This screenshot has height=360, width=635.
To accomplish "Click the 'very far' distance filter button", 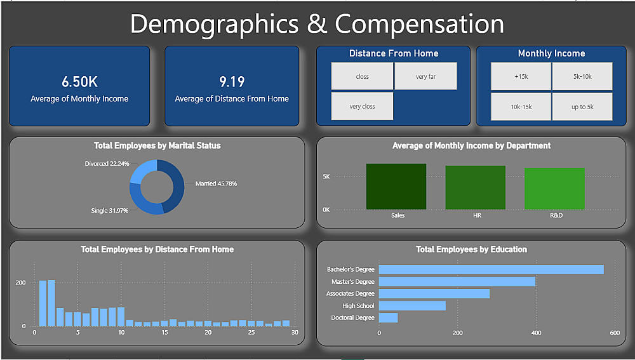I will pos(425,76).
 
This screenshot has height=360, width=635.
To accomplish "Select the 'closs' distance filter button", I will pos(362,76).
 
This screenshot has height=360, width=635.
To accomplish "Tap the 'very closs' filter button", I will pos(362,106).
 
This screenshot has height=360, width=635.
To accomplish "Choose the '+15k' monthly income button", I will pos(521,76).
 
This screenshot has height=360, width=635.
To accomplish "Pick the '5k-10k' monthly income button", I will pos(582,76).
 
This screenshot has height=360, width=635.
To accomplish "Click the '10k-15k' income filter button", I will pos(521,106).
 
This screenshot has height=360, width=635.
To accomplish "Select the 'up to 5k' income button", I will pos(582,106).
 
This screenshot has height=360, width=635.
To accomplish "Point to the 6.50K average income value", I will pos(79,82).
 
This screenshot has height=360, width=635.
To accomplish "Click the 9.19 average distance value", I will pos(232,82).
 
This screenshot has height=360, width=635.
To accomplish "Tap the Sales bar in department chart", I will pos(396,187).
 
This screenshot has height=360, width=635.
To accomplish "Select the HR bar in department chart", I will pos(475,187).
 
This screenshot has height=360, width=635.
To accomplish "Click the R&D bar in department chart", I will pos(554,189).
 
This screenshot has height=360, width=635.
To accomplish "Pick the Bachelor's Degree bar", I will pos(491,269).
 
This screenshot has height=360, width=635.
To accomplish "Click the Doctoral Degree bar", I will pos(389,317).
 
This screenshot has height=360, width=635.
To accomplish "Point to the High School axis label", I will pos(358,305).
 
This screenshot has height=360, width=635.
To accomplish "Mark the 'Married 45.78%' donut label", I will pos(217,183).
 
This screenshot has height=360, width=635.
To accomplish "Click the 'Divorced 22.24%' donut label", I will pos(107,163).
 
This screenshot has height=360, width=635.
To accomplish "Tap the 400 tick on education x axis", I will pos(536,333).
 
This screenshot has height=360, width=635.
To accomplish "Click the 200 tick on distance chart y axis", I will pos(20,282).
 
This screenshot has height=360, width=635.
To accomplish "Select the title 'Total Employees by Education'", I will pos(471,250).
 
